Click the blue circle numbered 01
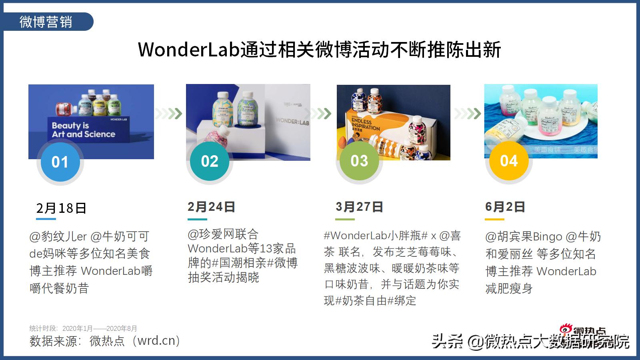(x=60, y=162)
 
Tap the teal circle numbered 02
(x=210, y=161)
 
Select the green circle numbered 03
(x=359, y=161)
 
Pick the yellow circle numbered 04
(x=509, y=161)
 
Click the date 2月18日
(x=61, y=208)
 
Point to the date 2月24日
(x=211, y=207)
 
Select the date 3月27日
(x=359, y=207)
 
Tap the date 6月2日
(x=505, y=207)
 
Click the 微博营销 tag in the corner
(x=46, y=22)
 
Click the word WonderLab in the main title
(x=188, y=50)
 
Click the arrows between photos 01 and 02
(x=168, y=114)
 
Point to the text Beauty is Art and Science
(x=83, y=130)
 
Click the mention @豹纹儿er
(x=58, y=237)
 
